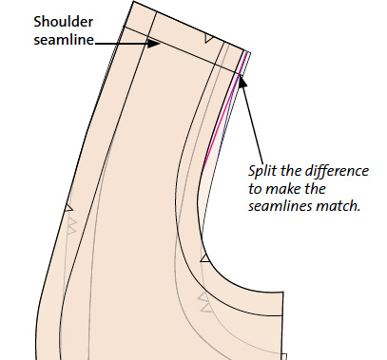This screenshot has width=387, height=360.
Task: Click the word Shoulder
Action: (64, 22)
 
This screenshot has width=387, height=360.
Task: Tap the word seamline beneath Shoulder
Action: (64, 40)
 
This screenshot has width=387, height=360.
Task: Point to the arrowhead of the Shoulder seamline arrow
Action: (154, 44)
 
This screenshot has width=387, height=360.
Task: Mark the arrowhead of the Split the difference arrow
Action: (242, 81)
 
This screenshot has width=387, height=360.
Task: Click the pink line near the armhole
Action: (224, 111)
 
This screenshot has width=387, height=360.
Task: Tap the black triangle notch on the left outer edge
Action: (68, 208)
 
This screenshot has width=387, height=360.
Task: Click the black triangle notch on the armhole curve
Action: (205, 258)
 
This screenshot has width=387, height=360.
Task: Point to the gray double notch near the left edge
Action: (72, 225)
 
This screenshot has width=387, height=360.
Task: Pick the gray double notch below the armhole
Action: (204, 302)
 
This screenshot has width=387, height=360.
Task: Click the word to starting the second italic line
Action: (255, 189)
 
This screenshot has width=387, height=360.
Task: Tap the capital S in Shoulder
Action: (38, 22)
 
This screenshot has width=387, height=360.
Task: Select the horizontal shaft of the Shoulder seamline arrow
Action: (122, 44)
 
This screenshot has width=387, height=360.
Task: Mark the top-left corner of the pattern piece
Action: (133, 1)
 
